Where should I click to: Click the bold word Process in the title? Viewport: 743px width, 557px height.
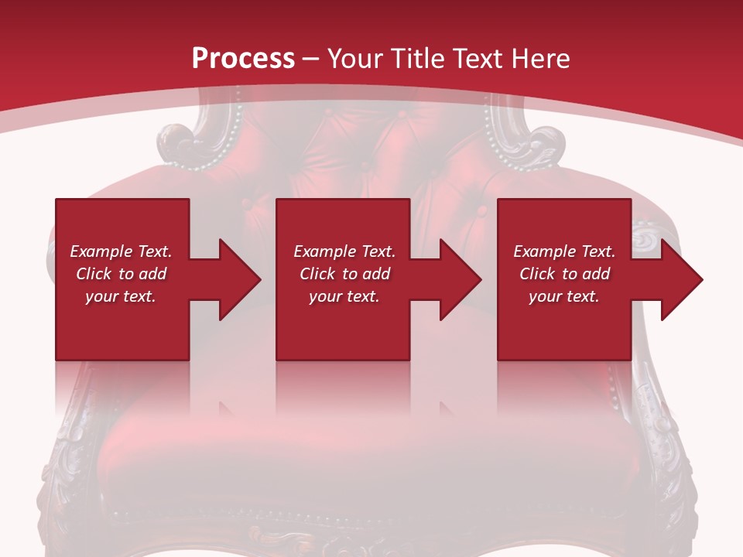click(x=243, y=59)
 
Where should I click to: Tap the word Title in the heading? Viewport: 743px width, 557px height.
click(x=419, y=59)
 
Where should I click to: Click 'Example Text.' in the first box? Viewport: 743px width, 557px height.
click(x=121, y=251)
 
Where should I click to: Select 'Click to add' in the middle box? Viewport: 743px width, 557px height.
click(x=344, y=274)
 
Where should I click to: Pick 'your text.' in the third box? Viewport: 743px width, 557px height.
click(x=564, y=296)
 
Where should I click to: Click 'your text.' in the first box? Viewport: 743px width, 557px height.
click(x=121, y=296)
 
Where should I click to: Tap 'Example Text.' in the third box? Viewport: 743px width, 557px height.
click(x=564, y=251)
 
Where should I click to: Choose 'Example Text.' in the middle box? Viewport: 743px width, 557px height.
click(x=344, y=251)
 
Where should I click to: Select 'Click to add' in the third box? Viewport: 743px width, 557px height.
click(x=564, y=274)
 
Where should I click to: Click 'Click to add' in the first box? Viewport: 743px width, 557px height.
click(x=121, y=274)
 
